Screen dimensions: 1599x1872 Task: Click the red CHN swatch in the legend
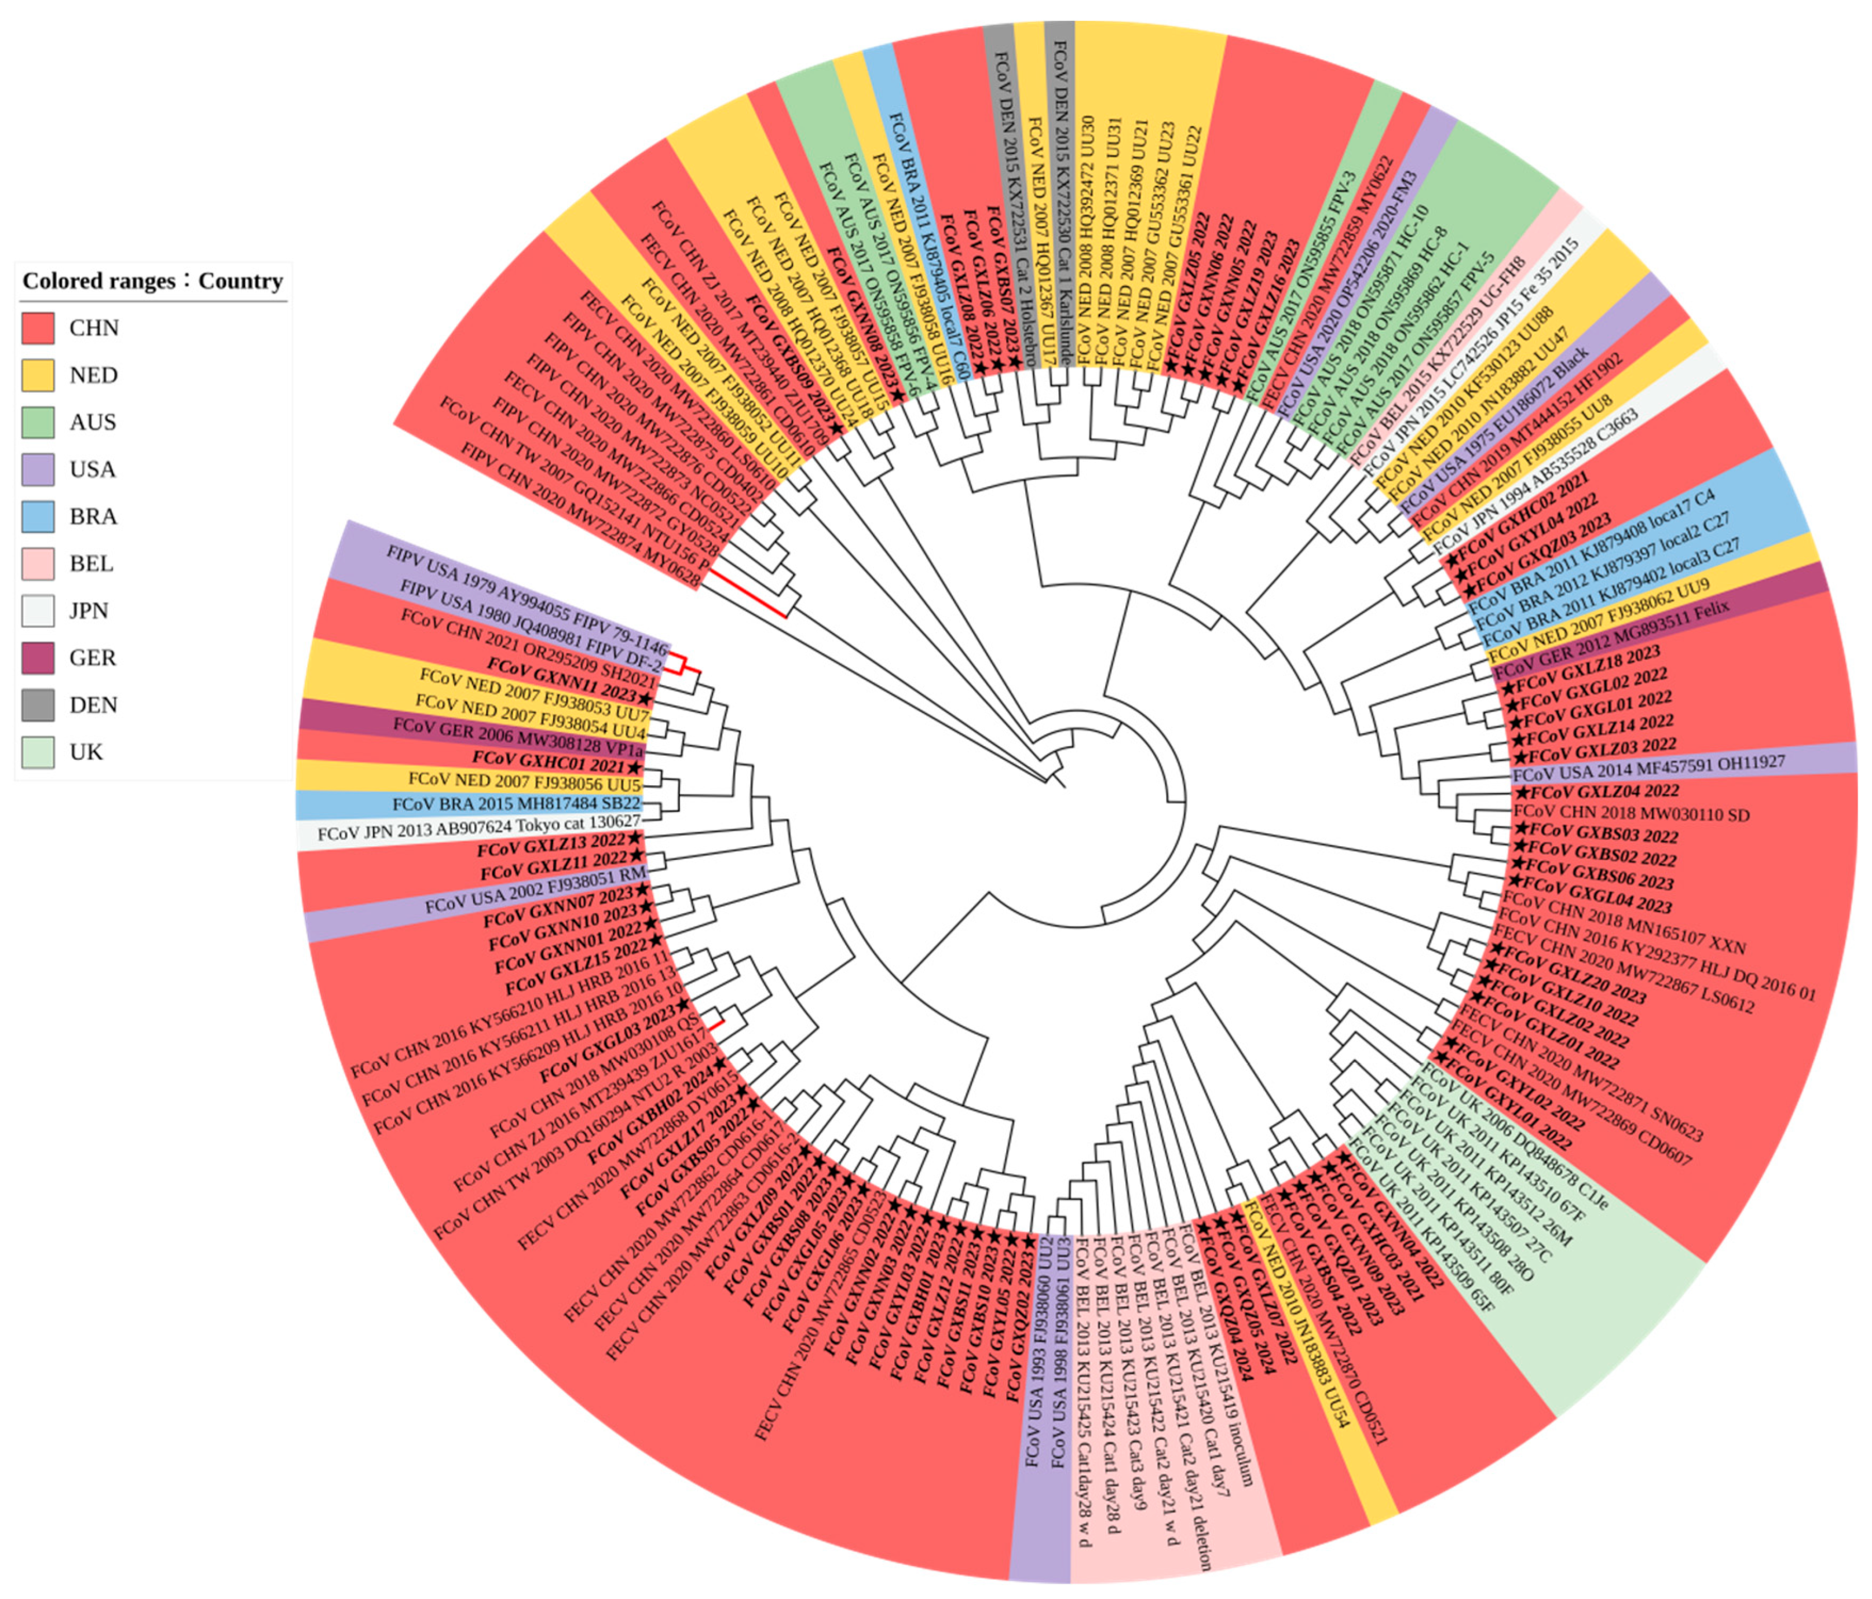(x=38, y=328)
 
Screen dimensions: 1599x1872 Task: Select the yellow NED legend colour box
(x=38, y=375)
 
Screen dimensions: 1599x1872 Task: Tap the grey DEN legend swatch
(x=38, y=705)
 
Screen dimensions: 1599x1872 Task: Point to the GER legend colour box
(x=38, y=658)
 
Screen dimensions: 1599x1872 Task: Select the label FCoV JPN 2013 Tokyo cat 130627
(x=479, y=828)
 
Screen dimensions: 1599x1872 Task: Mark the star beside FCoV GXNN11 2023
(x=644, y=699)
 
